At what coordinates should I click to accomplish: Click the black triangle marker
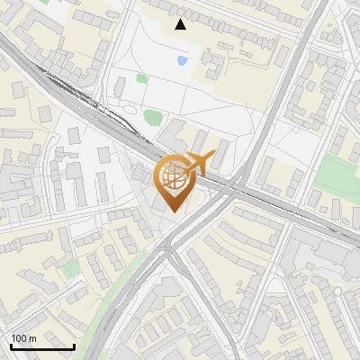tap(181, 24)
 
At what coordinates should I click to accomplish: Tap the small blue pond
tap(183, 61)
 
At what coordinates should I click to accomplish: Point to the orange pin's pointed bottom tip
tap(175, 211)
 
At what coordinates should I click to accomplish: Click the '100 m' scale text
tap(23, 338)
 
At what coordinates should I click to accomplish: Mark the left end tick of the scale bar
tap(11, 346)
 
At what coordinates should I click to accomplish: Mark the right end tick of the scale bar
tap(74, 346)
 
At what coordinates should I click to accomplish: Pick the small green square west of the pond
tap(142, 78)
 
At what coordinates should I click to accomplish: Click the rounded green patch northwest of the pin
tap(153, 117)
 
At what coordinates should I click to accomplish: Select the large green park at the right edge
tap(339, 175)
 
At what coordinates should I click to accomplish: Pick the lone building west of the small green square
tap(120, 87)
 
